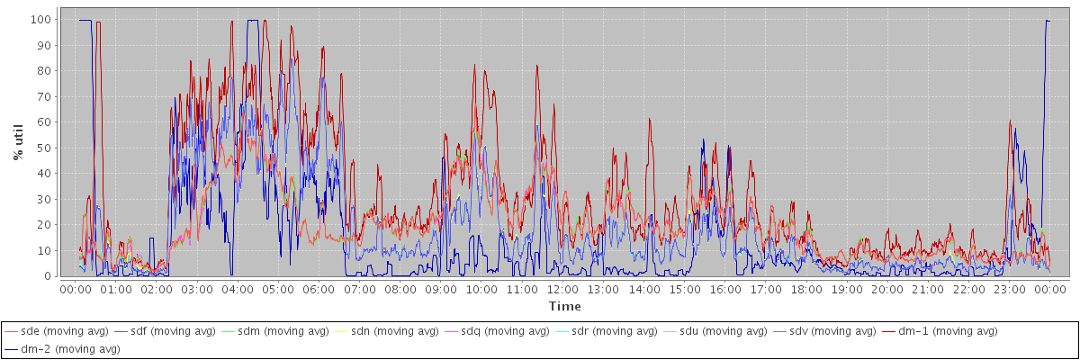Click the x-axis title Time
tap(564, 306)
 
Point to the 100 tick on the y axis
tap(40, 19)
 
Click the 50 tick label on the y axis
tap(43, 148)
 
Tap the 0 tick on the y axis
tap(47, 276)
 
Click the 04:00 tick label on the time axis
tap(238, 290)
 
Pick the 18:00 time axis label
tap(806, 290)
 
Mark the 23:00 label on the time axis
tap(1010, 290)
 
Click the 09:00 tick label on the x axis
tap(441, 290)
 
